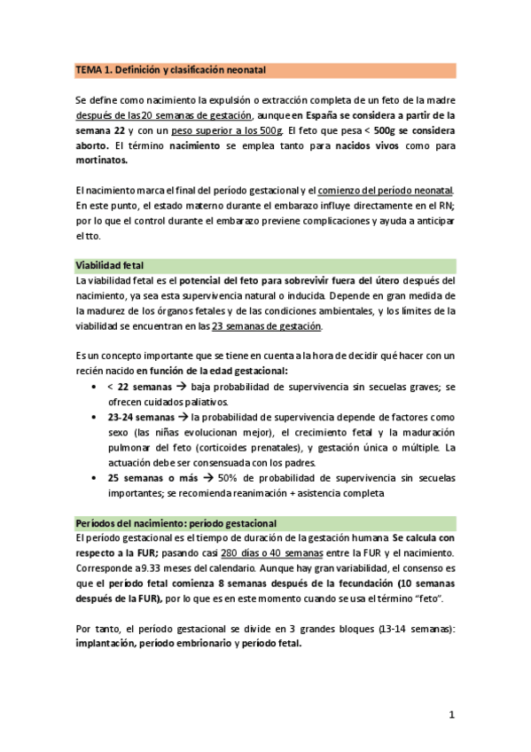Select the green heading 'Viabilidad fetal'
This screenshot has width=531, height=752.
108,265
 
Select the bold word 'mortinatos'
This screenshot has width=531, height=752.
101,161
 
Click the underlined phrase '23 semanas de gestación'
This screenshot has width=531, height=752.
266,326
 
